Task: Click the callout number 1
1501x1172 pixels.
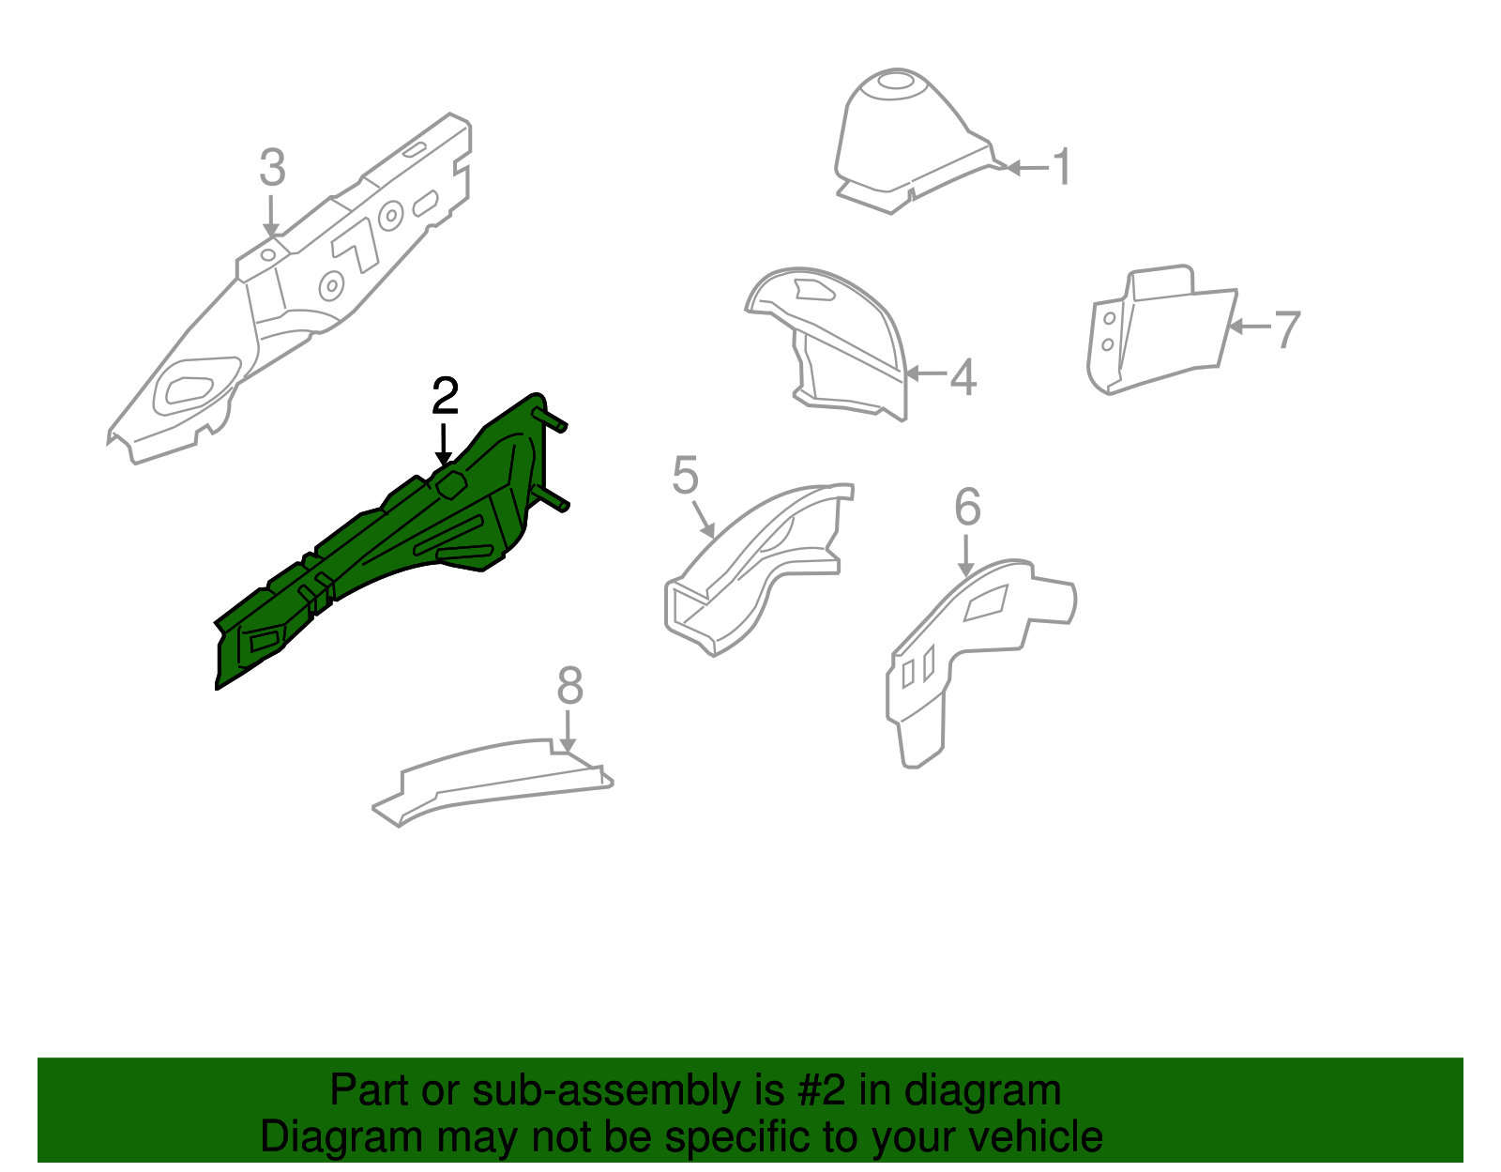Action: click(1061, 166)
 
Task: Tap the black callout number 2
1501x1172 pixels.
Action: click(445, 395)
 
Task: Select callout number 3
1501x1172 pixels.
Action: click(272, 167)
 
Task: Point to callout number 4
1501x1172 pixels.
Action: click(963, 377)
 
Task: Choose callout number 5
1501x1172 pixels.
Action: click(685, 475)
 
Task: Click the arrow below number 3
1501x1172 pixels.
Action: click(271, 216)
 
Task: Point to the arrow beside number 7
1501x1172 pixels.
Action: click(1250, 326)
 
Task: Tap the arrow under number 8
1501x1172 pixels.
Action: click(568, 731)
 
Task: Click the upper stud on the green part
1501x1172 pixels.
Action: click(551, 419)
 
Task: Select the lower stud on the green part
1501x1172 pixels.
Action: click(553, 498)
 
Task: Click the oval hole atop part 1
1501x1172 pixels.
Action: click(896, 83)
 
